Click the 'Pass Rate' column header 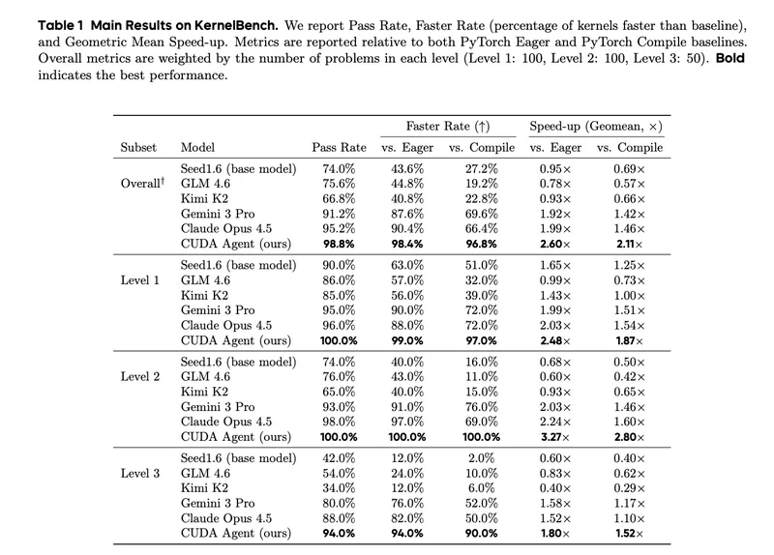(340, 148)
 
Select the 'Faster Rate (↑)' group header (448, 127)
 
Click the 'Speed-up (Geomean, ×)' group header (596, 127)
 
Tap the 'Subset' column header (138, 148)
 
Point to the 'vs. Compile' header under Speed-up (630, 148)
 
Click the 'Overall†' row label (142, 183)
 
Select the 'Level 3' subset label (140, 473)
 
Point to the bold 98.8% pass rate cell (340, 244)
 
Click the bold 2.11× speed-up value (630, 244)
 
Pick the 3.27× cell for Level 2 (555, 437)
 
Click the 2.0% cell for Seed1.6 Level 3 (481, 458)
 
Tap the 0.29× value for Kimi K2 (630, 488)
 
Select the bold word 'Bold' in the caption (730, 58)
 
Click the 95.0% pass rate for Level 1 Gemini (340, 310)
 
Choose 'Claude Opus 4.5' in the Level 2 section (226, 422)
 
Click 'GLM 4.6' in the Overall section (205, 184)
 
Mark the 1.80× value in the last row (555, 534)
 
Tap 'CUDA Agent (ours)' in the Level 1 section (236, 340)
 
